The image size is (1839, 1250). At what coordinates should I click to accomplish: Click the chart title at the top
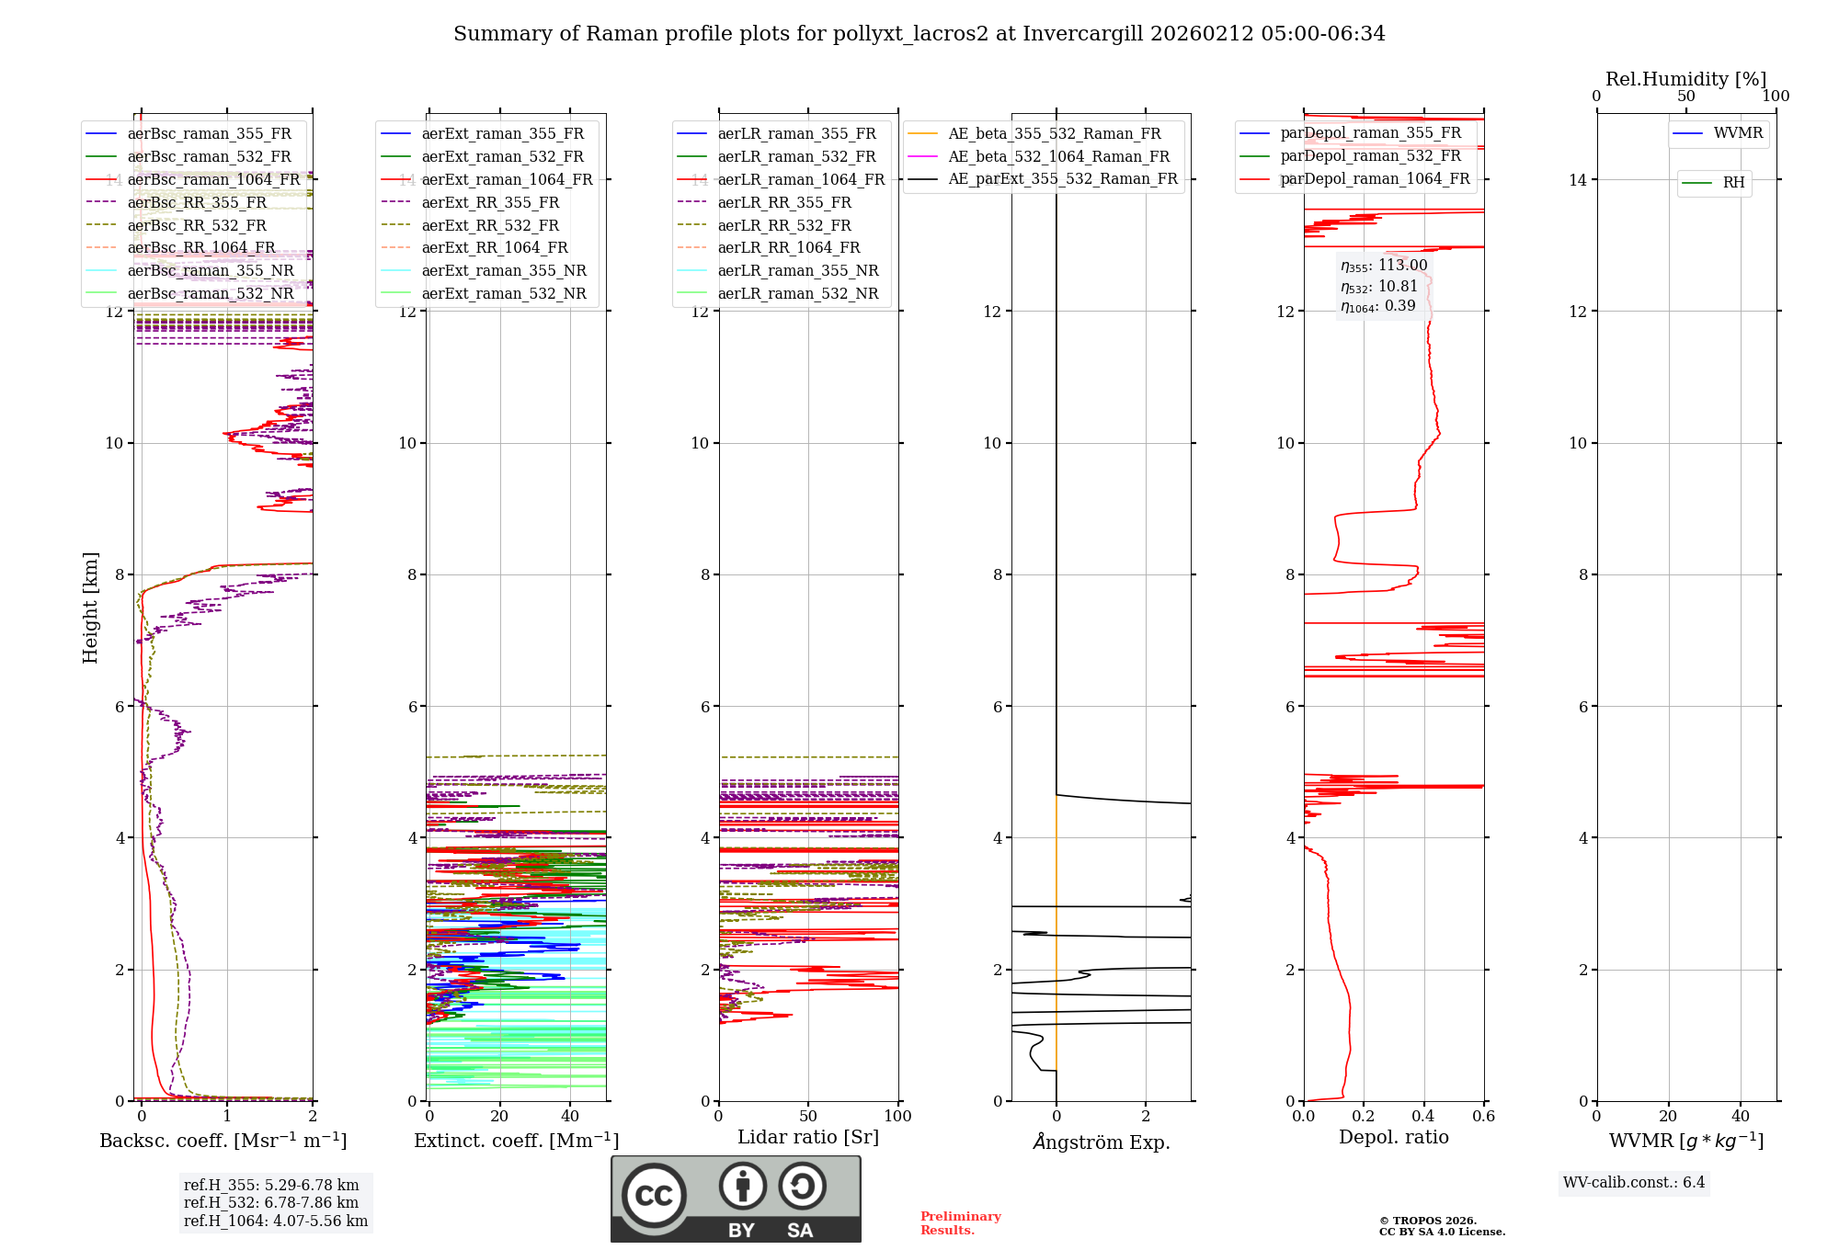click(x=919, y=34)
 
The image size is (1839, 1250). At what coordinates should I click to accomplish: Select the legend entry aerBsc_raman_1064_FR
click(x=213, y=179)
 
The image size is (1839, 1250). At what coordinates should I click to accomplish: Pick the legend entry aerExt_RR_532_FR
click(x=490, y=225)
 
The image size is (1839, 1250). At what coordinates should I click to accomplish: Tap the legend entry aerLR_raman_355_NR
click(x=797, y=270)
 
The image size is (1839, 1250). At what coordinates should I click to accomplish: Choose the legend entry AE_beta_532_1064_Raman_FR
click(x=1058, y=156)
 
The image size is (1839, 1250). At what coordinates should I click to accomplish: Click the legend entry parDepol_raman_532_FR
click(x=1370, y=156)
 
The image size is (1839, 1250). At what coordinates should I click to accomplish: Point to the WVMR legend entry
click(x=1737, y=133)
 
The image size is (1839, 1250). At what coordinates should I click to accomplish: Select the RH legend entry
click(x=1732, y=183)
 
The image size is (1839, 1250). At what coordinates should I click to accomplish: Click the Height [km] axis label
click(x=90, y=608)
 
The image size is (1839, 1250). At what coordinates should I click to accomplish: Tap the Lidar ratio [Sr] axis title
click(x=808, y=1137)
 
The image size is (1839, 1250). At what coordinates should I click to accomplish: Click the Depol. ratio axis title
click(x=1393, y=1137)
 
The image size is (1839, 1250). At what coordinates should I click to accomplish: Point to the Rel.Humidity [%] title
click(x=1685, y=79)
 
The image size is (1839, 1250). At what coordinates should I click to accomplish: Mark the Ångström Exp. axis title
click(x=1101, y=1142)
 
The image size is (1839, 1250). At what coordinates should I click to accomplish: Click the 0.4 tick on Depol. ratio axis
click(x=1423, y=1117)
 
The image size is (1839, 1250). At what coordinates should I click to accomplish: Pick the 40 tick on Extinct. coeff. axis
click(x=570, y=1117)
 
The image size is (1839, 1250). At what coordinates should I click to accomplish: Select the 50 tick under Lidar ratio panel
click(x=808, y=1117)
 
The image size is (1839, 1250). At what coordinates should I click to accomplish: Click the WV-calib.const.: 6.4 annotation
click(x=1633, y=1182)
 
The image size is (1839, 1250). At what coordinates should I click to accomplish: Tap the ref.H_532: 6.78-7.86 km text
click(x=271, y=1202)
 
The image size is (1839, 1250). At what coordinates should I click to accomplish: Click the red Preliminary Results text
click(x=960, y=1222)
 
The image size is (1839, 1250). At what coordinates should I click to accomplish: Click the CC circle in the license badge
click(x=654, y=1195)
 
